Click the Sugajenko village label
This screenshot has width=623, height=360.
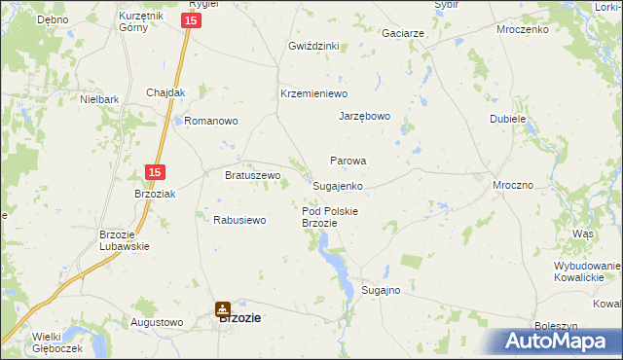click(x=338, y=185)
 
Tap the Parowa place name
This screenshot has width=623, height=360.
click(x=348, y=161)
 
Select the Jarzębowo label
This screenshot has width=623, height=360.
click(x=364, y=116)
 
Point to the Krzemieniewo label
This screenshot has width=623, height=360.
click(x=313, y=93)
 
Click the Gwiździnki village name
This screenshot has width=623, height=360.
click(x=312, y=46)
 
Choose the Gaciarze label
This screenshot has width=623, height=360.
click(x=403, y=33)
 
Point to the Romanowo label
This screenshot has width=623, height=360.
click(x=211, y=122)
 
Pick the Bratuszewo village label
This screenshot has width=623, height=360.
click(x=252, y=175)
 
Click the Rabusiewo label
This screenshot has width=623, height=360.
click(x=239, y=220)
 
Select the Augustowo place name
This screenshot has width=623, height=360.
click(x=156, y=321)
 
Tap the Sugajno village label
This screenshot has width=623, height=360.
click(x=381, y=290)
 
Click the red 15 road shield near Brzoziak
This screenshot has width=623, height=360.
click(x=154, y=172)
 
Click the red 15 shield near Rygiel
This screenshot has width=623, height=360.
click(x=193, y=19)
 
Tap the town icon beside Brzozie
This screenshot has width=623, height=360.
click(x=223, y=310)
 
